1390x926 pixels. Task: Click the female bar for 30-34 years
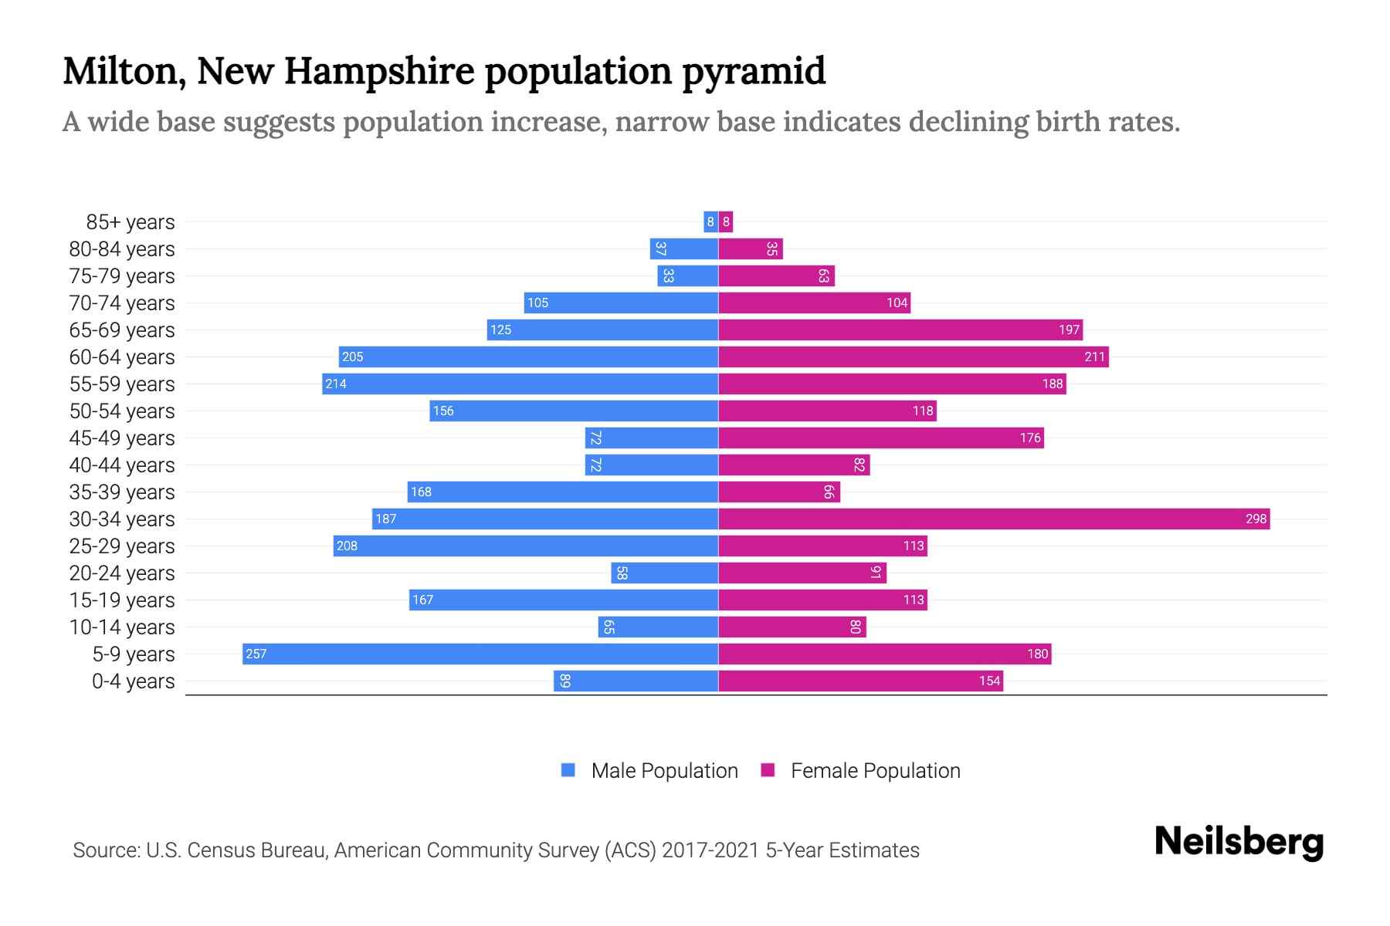pos(994,519)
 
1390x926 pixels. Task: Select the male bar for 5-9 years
pos(480,654)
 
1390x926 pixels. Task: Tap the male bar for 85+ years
pos(710,221)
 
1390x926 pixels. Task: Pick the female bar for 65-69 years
pos(900,330)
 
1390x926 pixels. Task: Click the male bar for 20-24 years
pos(665,573)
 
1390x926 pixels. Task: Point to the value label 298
pos(1256,519)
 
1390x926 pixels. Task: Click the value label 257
pos(256,654)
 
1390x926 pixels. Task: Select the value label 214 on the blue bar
pos(336,384)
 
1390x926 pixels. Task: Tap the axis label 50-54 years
pos(122,411)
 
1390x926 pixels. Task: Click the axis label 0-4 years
pos(133,681)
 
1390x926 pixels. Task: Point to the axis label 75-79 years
pos(122,276)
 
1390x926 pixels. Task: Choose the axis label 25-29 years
pos(122,546)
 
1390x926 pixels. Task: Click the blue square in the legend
pos(568,770)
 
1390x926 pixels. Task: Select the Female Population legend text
pos(875,770)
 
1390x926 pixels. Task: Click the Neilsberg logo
pos(1239,843)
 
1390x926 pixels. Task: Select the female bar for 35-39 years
pos(779,492)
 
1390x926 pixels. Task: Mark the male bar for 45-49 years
pos(652,438)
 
